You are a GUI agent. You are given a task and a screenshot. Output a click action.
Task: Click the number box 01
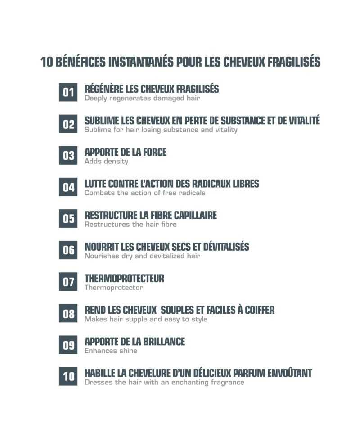[x=68, y=93]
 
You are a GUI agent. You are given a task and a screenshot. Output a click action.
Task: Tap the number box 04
[x=68, y=187]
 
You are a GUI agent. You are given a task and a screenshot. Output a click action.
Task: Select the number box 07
[x=68, y=282]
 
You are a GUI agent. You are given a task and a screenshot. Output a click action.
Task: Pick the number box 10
[x=68, y=376]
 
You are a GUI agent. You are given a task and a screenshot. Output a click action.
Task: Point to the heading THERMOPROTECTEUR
[x=124, y=278]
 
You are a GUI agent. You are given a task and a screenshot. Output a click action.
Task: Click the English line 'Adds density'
[x=106, y=161]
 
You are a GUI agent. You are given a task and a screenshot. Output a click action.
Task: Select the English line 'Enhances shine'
[x=111, y=351]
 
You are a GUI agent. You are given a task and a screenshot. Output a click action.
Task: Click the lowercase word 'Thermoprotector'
[x=113, y=288]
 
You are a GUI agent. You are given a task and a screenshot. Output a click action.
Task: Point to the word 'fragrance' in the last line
[x=228, y=382]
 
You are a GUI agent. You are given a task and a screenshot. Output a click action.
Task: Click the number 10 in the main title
[x=47, y=62]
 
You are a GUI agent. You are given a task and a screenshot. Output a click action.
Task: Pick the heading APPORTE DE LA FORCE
[x=126, y=152]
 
